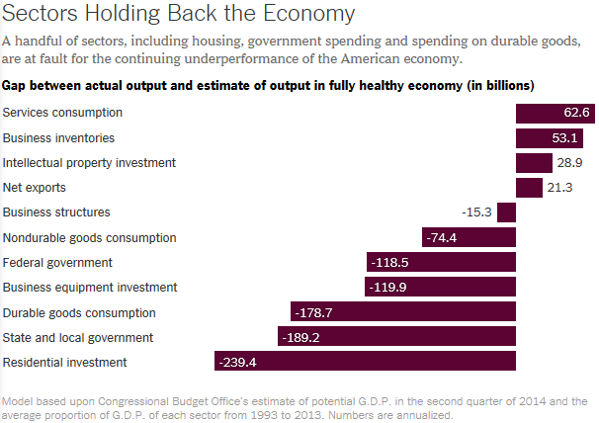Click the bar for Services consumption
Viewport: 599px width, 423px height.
click(556, 113)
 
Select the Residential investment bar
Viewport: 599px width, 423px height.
click(365, 362)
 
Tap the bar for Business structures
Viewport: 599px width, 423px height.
click(506, 212)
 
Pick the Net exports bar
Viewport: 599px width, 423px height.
click(529, 188)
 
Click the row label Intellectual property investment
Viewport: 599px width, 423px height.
click(89, 162)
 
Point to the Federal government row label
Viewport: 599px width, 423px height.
click(57, 262)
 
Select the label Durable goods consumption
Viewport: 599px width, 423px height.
click(80, 312)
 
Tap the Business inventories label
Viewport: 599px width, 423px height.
click(58, 137)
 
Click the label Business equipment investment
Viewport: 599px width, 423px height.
click(90, 288)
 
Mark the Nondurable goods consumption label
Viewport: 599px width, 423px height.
click(89, 237)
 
